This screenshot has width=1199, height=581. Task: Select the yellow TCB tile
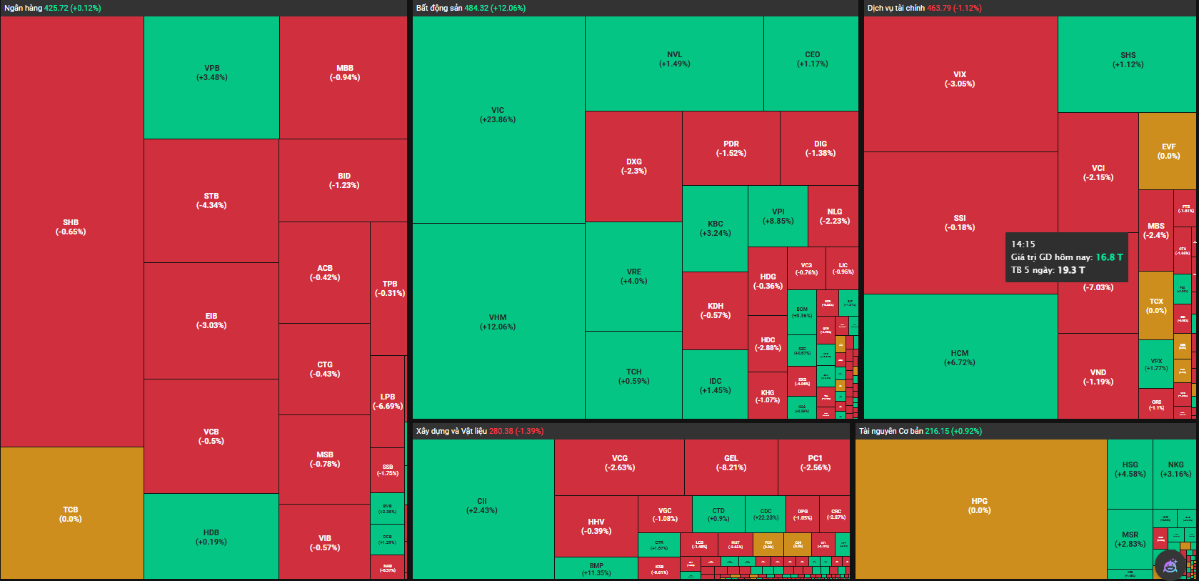click(x=71, y=514)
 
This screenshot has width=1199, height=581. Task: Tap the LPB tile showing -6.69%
click(x=388, y=402)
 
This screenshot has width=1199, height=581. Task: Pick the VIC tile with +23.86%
click(x=498, y=115)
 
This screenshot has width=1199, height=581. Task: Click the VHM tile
click(x=498, y=322)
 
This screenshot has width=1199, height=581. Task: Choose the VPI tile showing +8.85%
click(x=778, y=217)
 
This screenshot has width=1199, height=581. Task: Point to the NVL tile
click(x=674, y=59)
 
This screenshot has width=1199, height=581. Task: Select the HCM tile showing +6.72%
click(x=960, y=357)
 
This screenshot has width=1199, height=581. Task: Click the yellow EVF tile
click(x=1168, y=152)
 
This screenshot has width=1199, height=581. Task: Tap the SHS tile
click(x=1128, y=60)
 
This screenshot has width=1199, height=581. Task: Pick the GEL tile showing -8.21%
click(x=731, y=463)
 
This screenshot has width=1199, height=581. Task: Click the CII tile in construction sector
click(x=482, y=506)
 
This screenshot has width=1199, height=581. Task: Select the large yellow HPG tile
click(x=980, y=506)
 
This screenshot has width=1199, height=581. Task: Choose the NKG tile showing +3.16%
click(x=1175, y=469)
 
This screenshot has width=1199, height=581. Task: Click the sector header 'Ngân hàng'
click(x=24, y=8)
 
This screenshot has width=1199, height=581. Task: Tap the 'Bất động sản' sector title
click(x=439, y=8)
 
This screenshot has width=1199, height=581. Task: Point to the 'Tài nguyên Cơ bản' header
click(x=891, y=431)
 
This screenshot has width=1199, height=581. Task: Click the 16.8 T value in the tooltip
click(x=1109, y=257)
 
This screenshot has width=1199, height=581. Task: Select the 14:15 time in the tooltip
click(x=1023, y=244)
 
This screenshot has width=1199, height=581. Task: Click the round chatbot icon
click(x=1170, y=566)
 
